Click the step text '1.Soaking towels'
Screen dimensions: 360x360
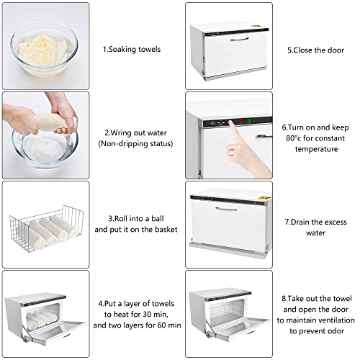[x=131, y=49]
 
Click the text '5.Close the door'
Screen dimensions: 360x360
[x=310, y=50]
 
